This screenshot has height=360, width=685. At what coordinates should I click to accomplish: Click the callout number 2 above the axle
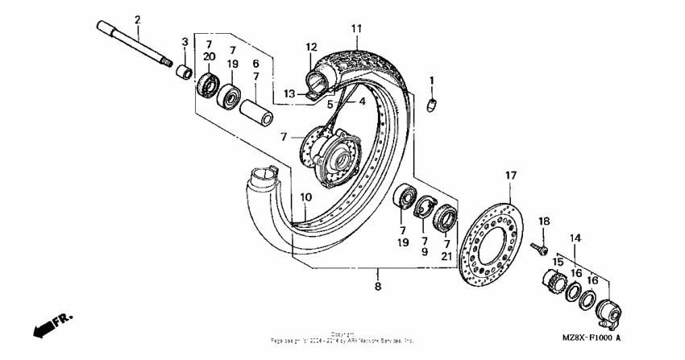coord(137,19)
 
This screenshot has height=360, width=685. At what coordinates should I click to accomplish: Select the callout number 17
coord(509,175)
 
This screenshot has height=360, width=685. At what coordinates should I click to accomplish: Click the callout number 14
coord(575,238)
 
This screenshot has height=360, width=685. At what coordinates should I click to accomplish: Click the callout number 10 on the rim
coord(306,197)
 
